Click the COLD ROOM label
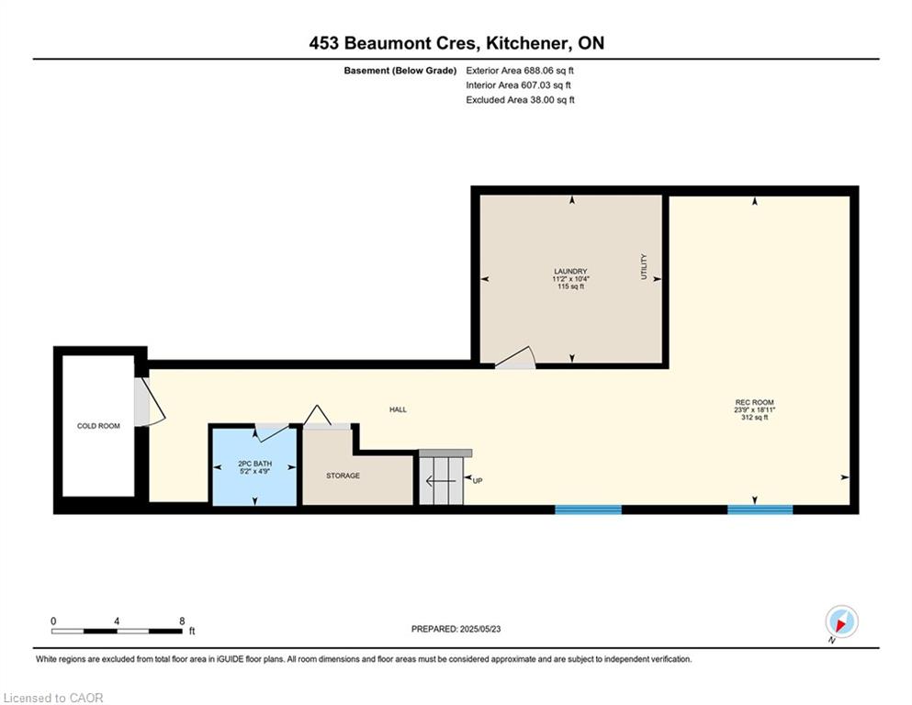tap(98, 426)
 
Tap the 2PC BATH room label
tap(254, 464)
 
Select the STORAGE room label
tap(343, 476)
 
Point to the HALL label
tap(398, 409)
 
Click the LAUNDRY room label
tap(570, 272)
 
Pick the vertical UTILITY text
tap(644, 266)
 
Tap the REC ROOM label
tap(754, 402)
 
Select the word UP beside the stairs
tap(478, 481)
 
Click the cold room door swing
tap(150, 402)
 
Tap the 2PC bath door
tap(272, 431)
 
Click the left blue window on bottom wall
tap(588, 509)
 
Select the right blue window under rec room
tap(760, 509)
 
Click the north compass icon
tap(841, 621)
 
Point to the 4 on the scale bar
tap(117, 621)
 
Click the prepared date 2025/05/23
tap(479, 629)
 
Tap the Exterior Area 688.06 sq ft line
tap(520, 71)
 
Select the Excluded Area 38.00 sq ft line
tap(520, 99)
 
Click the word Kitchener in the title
tap(527, 43)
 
